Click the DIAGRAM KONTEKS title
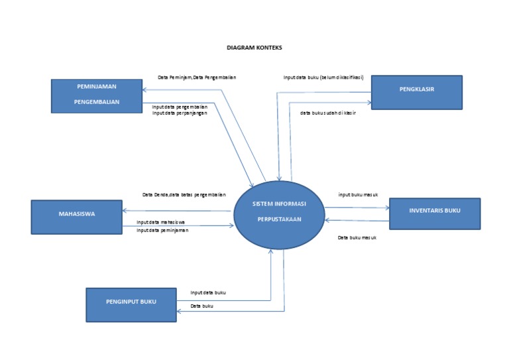[x=254, y=48]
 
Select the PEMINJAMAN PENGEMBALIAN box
[x=97, y=95]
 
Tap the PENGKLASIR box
[x=416, y=91]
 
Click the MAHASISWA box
[x=76, y=217]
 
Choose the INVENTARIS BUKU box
[x=434, y=213]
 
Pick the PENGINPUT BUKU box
[x=131, y=304]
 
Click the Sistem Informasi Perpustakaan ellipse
[x=279, y=215]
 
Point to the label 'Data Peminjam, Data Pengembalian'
[x=197, y=78]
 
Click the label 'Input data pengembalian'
[x=180, y=106]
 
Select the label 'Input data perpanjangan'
[x=180, y=113]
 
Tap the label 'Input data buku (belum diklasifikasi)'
[x=323, y=78]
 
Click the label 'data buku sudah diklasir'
[x=328, y=113]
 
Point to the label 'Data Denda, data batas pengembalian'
[x=184, y=195]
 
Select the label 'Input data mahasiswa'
[x=160, y=222]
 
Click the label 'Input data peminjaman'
[x=162, y=230]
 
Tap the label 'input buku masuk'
[x=358, y=195]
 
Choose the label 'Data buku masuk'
[x=357, y=237]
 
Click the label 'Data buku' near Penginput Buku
[x=202, y=306]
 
